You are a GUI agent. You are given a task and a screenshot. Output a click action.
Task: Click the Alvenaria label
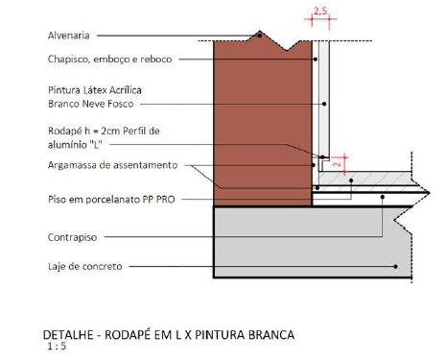68,36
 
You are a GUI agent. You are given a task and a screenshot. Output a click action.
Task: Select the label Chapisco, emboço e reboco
109,60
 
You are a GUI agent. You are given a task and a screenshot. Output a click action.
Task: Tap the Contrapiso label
72,237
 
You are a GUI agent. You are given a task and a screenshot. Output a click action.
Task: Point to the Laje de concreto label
85,266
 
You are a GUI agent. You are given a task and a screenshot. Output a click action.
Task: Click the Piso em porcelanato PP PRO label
111,200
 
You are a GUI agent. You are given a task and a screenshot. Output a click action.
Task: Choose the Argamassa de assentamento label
112,165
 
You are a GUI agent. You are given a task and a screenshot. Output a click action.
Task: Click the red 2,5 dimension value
320,12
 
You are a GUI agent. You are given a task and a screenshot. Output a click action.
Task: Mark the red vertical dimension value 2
337,164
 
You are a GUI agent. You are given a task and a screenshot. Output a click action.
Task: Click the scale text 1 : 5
57,346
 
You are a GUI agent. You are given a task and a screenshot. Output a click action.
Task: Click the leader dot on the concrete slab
395,266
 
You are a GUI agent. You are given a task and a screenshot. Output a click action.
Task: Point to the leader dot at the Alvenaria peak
260,36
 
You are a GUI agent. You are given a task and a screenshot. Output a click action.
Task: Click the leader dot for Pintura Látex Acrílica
324,104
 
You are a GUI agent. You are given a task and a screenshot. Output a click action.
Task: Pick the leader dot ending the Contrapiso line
383,197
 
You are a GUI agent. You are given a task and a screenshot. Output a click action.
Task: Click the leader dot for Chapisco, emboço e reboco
316,60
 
